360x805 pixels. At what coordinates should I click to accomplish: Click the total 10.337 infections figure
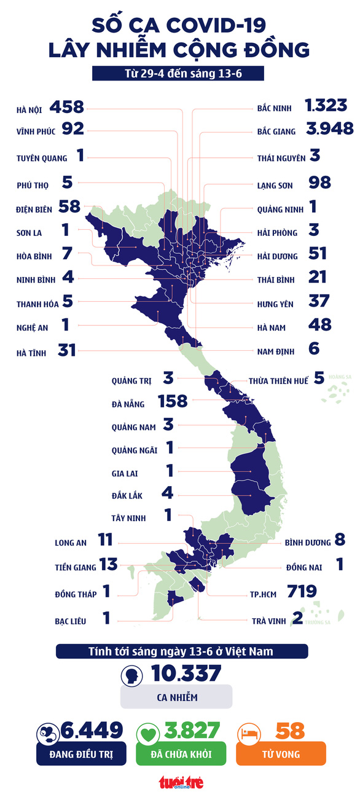[186, 674]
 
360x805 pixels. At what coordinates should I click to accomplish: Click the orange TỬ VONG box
[281, 753]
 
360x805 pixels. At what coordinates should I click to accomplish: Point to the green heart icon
[149, 732]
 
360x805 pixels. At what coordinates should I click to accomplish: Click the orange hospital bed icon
[249, 732]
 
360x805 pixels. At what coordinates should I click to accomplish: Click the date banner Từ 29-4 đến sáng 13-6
[178, 73]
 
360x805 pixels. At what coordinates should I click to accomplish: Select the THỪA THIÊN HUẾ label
[278, 381]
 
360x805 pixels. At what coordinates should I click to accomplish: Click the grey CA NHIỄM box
[176, 697]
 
